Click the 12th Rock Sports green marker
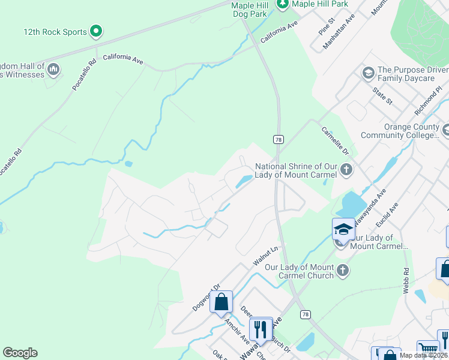(x=96, y=31)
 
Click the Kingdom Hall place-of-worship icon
(x=53, y=70)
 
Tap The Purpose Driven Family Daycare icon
(x=368, y=74)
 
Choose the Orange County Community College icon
(x=445, y=130)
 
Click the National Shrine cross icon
(x=346, y=170)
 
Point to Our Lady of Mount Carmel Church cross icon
(x=343, y=271)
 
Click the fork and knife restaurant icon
(x=260, y=328)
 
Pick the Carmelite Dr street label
(x=335, y=141)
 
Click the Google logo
(x=20, y=353)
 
